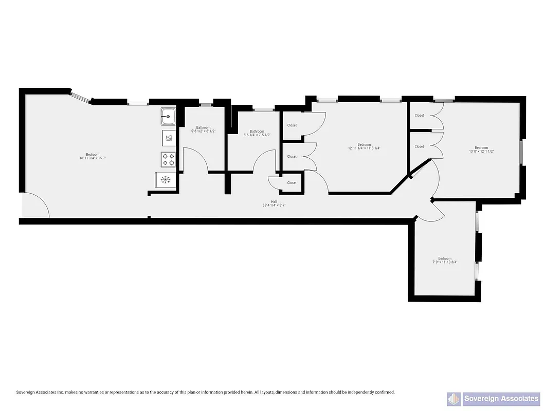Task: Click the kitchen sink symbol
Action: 168,116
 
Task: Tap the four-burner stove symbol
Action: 168,159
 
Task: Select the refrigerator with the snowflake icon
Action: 166,179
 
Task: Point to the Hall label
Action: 274,202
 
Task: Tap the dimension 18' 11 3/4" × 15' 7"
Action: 93,158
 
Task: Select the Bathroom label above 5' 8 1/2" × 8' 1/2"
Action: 203,127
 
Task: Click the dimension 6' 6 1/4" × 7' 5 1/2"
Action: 257,135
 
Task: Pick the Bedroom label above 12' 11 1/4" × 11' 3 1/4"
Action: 364,144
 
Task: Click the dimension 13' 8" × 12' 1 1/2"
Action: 481,152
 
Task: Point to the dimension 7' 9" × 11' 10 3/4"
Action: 445,262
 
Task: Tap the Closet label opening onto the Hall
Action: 292,182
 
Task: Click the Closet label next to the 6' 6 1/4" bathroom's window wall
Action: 292,125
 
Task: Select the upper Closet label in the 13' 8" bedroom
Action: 420,116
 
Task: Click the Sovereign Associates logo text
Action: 501,398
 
